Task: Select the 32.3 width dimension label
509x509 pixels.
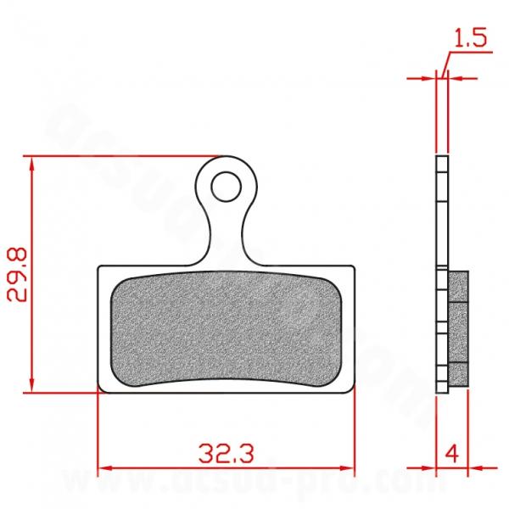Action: [x=227, y=450]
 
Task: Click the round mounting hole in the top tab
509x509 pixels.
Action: [x=225, y=185]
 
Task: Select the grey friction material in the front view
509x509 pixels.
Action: [x=227, y=332]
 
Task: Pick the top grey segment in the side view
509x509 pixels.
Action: [x=456, y=286]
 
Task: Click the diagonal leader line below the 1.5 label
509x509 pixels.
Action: [x=445, y=64]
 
